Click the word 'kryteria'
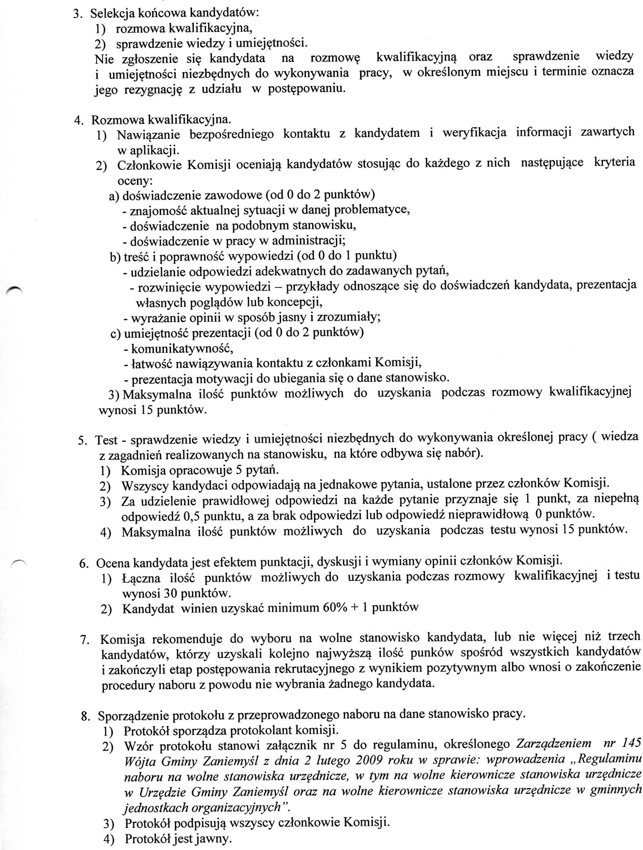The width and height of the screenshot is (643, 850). (x=614, y=163)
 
